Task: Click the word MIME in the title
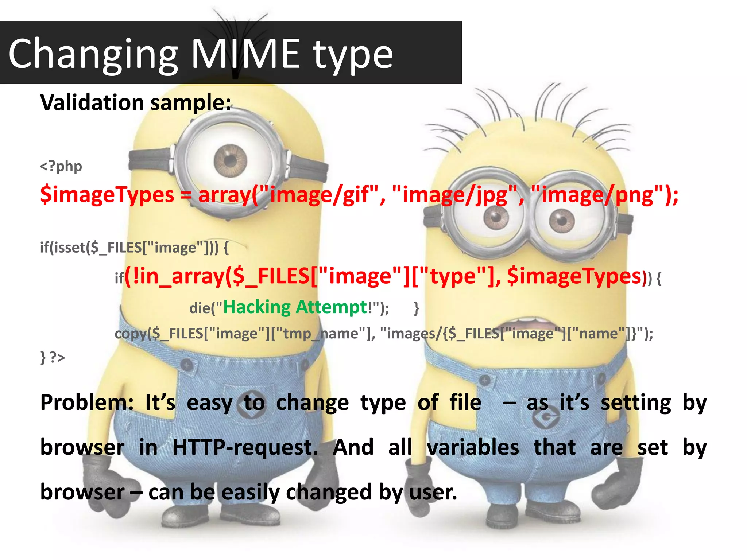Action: click(x=245, y=54)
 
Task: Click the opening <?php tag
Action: click(x=61, y=166)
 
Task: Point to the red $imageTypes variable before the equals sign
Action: click(x=107, y=194)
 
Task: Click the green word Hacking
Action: click(x=257, y=307)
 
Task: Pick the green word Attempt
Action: click(x=331, y=307)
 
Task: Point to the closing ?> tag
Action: click(x=57, y=357)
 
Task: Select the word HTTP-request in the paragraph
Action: click(x=245, y=447)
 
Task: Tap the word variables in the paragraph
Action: click(x=473, y=447)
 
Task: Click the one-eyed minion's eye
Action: click(x=230, y=160)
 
